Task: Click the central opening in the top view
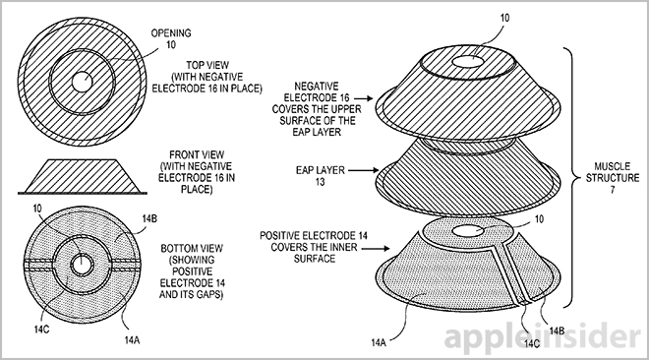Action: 82,82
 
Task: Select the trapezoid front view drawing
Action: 82,177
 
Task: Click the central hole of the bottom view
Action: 82,264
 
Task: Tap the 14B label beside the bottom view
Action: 149,218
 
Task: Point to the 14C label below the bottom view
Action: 42,330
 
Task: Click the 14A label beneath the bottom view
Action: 132,340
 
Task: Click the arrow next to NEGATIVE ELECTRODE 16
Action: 364,98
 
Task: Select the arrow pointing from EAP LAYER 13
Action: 364,169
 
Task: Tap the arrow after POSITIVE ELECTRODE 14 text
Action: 376,248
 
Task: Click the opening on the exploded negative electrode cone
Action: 468,62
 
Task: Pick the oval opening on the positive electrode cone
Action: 468,231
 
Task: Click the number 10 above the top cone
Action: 504,18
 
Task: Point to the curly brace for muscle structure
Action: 573,178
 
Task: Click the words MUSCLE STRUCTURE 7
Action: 613,178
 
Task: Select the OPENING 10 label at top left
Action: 171,38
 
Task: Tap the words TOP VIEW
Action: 207,65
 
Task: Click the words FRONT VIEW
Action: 197,154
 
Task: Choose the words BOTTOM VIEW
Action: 192,248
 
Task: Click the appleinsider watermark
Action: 542,335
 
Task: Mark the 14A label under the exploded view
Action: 379,342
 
